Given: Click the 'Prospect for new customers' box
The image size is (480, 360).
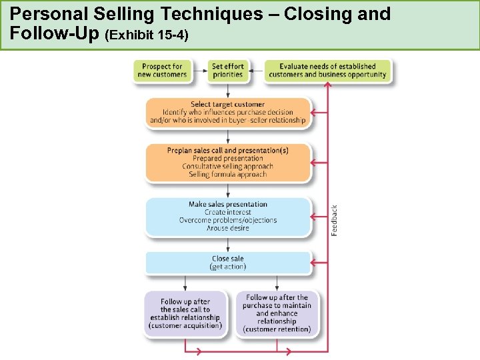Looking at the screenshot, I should point(162,71).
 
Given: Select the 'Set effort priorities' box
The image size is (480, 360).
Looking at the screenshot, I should point(228,71).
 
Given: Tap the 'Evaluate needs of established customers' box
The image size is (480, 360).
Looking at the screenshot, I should point(327,71).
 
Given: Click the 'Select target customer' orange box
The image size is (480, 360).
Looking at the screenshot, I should point(228,113).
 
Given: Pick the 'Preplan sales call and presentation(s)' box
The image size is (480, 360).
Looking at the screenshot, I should point(228,162).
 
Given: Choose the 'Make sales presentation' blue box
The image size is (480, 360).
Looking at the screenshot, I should point(228,216).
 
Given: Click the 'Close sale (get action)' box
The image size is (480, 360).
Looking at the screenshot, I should point(228,263).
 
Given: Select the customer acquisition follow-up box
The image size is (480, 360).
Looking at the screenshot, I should point(185,313).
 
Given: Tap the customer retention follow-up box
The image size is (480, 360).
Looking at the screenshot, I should point(277,313).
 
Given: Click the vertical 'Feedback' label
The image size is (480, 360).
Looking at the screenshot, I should point(335,220).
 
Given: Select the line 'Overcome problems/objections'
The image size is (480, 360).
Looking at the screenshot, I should point(228,220).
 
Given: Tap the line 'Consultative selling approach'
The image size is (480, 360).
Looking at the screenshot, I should point(228,166).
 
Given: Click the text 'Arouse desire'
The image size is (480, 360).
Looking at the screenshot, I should point(228,228).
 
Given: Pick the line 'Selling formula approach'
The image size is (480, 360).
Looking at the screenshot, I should point(228,174).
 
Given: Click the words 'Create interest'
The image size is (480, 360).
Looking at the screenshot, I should point(228,212).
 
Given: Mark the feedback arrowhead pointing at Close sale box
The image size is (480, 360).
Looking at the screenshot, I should point(315,263).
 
